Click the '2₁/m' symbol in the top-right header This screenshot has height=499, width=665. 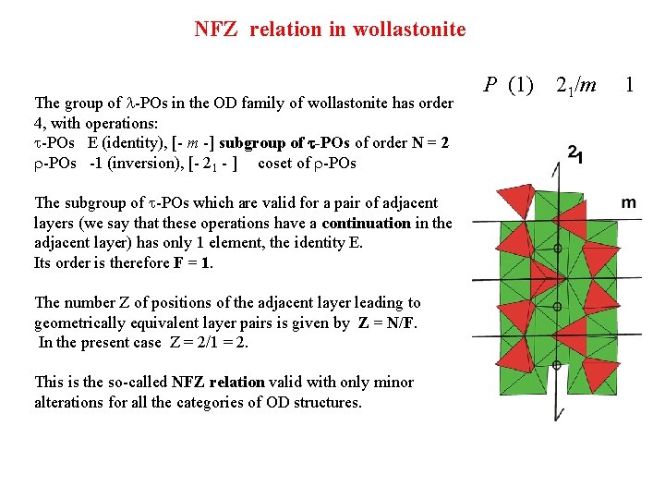(x=575, y=86)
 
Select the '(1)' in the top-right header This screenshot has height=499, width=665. (x=521, y=86)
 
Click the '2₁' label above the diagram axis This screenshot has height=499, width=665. (x=574, y=154)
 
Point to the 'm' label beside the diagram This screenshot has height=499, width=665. (x=628, y=202)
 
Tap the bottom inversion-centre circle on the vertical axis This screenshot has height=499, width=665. (x=556, y=366)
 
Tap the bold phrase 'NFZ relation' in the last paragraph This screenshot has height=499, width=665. (x=220, y=382)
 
